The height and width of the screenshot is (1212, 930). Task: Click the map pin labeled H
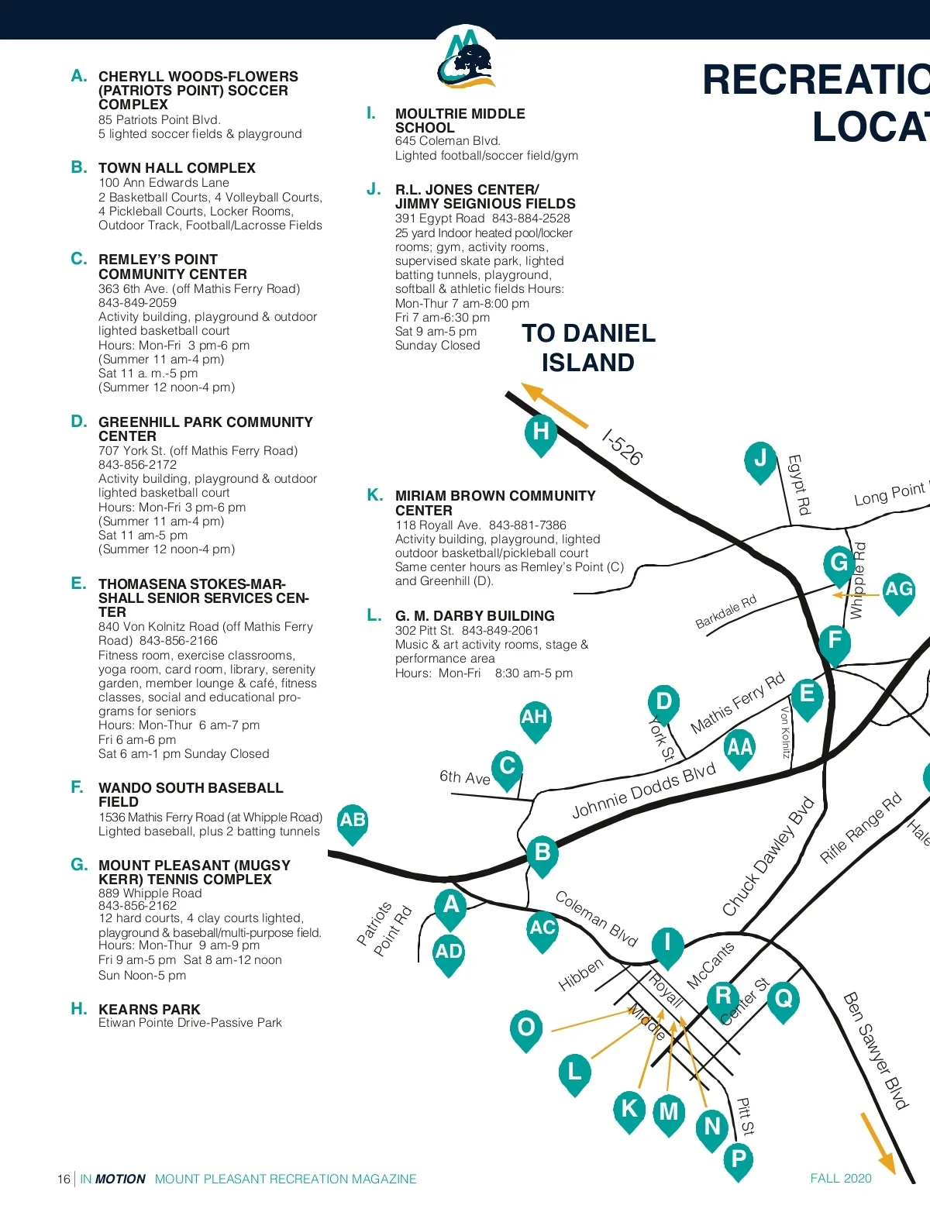[541, 432]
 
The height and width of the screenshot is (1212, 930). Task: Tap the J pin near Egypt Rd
[760, 460]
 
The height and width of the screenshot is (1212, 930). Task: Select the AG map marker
[898, 591]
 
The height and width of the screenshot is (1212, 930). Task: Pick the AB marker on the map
[353, 821]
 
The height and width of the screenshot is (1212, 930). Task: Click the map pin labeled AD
[449, 952]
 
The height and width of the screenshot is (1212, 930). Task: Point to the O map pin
[526, 1028]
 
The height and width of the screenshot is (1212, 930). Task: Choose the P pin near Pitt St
[739, 1160]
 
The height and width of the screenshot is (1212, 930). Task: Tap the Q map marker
[784, 998]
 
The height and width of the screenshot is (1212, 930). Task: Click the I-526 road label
[622, 448]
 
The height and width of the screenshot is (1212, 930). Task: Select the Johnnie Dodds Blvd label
[643, 790]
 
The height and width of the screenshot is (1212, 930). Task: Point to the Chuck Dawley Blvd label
[768, 856]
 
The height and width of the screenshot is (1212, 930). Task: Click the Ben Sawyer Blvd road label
[875, 1050]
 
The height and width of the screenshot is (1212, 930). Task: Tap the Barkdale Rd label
[725, 611]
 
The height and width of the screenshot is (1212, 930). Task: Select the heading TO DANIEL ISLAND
[588, 348]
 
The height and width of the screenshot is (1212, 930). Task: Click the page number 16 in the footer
[64, 1179]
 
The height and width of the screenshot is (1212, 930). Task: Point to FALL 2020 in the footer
[841, 1179]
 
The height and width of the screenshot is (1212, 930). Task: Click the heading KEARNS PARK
[150, 1009]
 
